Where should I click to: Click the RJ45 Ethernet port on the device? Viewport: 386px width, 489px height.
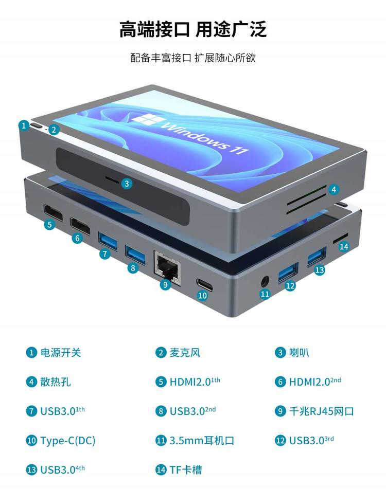pos(167,267)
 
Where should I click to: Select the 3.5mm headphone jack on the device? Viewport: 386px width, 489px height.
pos(265,282)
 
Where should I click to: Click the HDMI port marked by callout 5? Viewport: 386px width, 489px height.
pos(54,212)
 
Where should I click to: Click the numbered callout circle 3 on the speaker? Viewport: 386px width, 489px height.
pos(127,184)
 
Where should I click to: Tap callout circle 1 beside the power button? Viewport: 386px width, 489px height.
pos(24,125)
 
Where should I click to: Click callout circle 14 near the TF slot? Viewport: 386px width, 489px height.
pos(344,246)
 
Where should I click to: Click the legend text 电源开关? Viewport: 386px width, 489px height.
pos(61,352)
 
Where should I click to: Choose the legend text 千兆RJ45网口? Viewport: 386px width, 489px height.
pos(321,411)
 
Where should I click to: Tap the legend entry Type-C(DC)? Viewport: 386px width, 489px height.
pos(68,441)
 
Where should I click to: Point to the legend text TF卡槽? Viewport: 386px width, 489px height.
pos(186,469)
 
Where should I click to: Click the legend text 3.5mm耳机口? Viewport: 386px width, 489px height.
pos(202,440)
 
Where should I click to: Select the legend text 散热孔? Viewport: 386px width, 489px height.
pos(56,382)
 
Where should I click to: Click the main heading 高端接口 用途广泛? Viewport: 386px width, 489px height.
pos(193,29)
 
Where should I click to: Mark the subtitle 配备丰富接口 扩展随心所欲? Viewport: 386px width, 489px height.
pos(193,58)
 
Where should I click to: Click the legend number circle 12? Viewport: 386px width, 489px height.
pos(280,440)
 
